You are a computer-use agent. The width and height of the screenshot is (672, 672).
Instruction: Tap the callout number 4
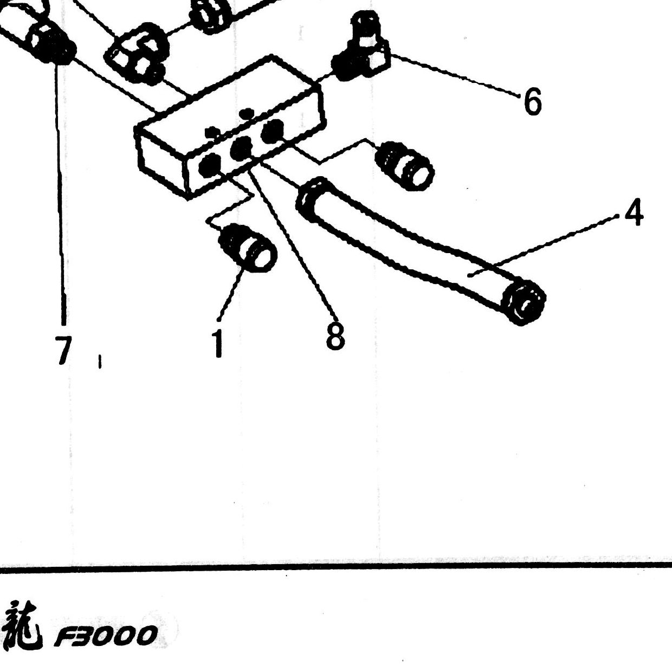coord(634,212)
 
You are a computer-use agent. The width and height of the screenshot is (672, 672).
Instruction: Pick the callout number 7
coord(63,350)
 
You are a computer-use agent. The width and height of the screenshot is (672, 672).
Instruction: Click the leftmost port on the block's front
coord(209,165)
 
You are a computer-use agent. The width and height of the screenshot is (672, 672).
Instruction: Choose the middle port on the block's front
coord(241,148)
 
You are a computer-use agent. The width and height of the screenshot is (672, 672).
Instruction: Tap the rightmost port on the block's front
coord(273,131)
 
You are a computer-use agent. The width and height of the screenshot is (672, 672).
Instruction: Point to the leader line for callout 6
coord(454,74)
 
